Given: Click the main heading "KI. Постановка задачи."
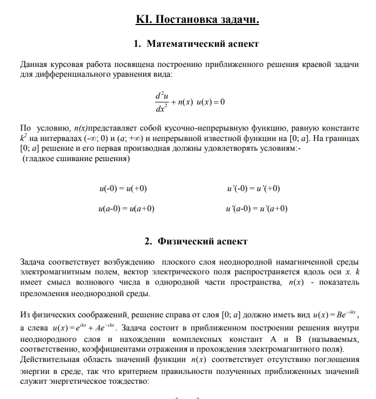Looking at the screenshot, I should click(x=197, y=20).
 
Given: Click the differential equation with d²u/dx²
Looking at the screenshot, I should click(x=189, y=102).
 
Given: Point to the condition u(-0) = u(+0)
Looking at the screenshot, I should click(x=123, y=188).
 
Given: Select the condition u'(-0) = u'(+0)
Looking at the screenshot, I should click(x=253, y=188).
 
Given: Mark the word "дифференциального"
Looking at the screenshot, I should click(x=69, y=74).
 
